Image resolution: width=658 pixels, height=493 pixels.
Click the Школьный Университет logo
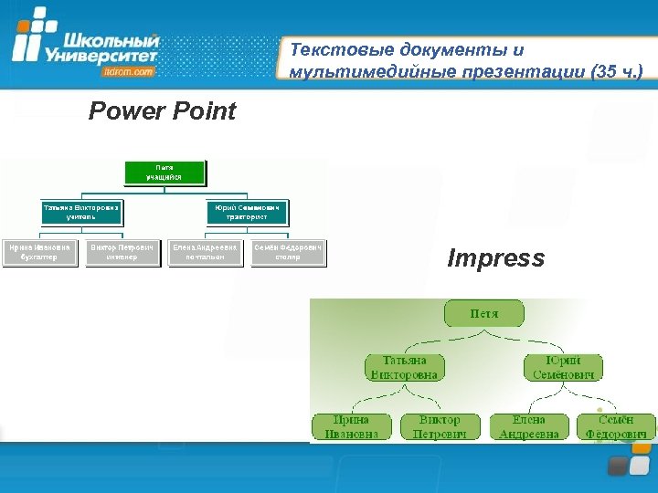(87, 43)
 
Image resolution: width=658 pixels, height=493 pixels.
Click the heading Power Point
(162, 111)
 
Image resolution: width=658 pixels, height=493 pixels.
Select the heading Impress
(495, 259)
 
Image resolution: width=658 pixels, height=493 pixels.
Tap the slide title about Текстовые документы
(466, 60)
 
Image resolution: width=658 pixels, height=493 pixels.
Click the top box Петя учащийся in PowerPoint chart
(164, 172)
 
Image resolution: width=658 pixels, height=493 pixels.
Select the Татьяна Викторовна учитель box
(80, 212)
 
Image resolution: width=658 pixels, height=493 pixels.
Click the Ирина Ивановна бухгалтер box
(39, 252)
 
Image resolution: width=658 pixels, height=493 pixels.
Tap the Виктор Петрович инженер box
(122, 252)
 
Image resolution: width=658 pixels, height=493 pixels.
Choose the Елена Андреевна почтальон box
(205, 252)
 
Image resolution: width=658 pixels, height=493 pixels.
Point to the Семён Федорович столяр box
(288, 252)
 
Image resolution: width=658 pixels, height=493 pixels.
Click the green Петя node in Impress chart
(484, 313)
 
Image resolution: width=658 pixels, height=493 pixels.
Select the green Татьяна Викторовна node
(404, 367)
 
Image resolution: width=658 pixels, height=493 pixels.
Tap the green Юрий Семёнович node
(563, 367)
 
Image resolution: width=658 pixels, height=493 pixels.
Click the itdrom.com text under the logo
(130, 70)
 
